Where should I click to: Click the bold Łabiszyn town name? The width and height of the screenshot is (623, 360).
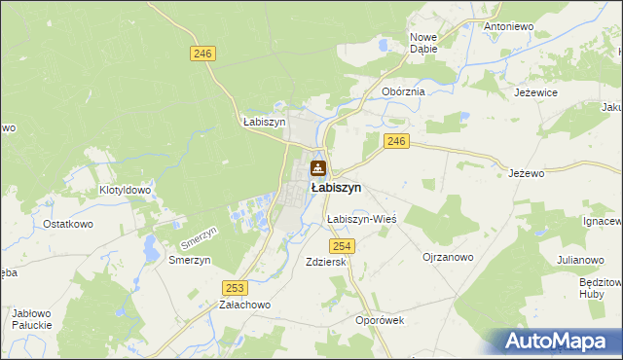(336, 187)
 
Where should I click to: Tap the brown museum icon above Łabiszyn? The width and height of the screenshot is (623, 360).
(317, 169)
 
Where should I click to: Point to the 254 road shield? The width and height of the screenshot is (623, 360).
(348, 246)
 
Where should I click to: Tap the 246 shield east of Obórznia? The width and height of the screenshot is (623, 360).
(395, 142)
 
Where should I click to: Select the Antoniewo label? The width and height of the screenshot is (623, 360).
(510, 26)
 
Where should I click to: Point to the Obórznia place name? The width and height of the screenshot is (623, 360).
(403, 91)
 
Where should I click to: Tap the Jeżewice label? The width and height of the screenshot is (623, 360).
(535, 92)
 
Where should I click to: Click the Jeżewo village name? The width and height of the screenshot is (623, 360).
(525, 173)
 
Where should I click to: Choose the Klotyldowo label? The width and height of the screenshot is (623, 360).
(125, 191)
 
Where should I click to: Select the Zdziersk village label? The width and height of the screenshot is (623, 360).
(326, 263)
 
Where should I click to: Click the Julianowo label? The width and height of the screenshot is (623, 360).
(574, 260)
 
